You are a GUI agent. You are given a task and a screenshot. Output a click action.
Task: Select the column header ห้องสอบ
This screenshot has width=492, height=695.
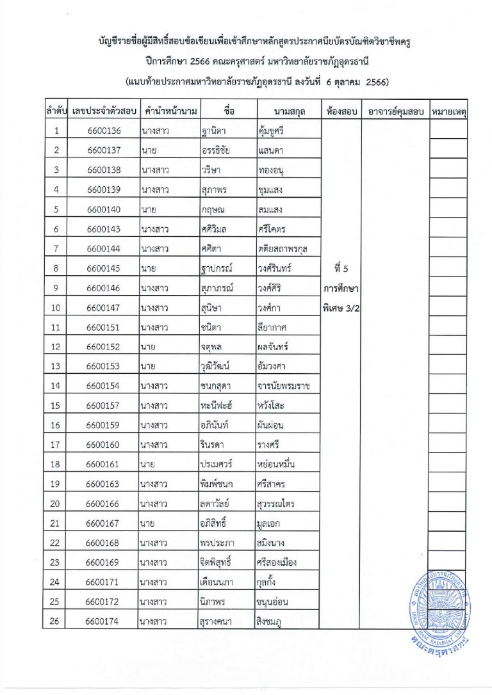[x=341, y=111]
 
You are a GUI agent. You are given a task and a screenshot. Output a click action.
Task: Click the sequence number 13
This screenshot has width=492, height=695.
[x=56, y=366]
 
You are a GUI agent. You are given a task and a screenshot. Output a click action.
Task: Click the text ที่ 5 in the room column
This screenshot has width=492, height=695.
[x=341, y=268]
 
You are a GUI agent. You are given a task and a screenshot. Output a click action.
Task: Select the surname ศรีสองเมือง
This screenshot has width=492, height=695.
[x=276, y=562]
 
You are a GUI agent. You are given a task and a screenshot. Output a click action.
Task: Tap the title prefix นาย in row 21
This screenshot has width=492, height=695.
[x=148, y=523]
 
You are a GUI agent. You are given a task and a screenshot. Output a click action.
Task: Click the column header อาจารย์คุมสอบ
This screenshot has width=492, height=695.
[x=395, y=111]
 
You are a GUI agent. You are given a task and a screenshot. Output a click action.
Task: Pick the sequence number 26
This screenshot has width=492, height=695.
[x=56, y=620]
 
